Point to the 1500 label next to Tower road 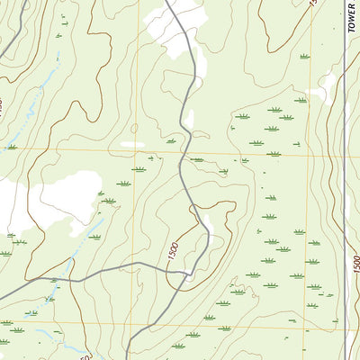pyautogui.click(x=355, y=265)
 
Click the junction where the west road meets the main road pyautogui.click(x=191, y=273)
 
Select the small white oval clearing pyautogui.click(x=132, y=144)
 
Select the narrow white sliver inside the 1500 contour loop pyautogui.click(x=207, y=221)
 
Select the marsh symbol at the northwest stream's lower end pyautogui.click(x=12, y=147)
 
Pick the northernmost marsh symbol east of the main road pyautogui.click(x=304, y=57)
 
